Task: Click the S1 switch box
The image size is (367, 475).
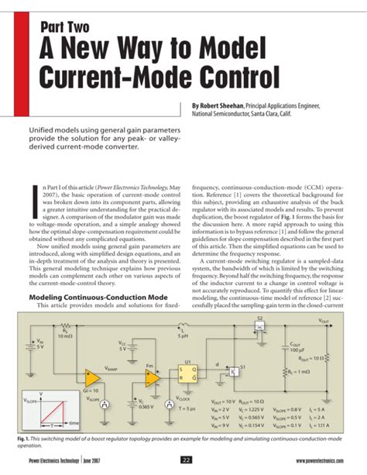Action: click(232, 370)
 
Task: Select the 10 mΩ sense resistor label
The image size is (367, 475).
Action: click(66, 336)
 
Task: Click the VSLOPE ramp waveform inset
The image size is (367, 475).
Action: click(54, 414)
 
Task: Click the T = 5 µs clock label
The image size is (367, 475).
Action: click(187, 406)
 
